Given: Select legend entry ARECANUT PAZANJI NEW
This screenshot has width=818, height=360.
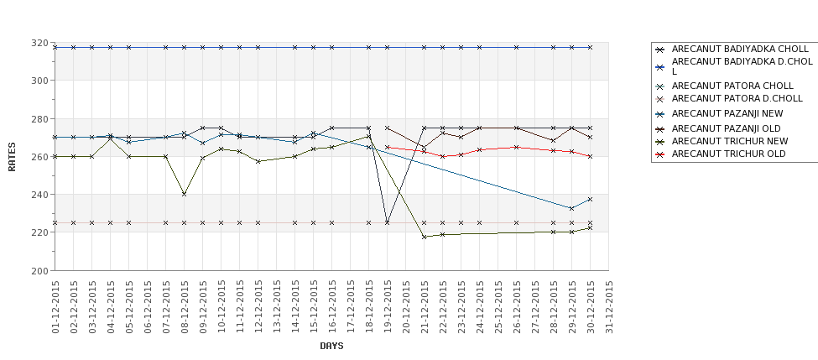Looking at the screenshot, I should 727,113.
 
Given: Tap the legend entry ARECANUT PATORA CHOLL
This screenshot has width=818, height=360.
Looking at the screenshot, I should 732,86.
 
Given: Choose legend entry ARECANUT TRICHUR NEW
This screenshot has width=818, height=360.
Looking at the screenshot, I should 730,141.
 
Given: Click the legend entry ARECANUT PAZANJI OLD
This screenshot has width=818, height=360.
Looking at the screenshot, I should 727,128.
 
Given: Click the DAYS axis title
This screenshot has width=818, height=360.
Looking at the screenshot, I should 331,346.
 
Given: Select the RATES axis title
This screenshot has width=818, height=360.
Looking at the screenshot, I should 13,156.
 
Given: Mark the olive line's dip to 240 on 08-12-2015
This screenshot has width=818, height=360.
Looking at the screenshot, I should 185,194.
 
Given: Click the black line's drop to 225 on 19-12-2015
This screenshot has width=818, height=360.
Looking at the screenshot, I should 388,222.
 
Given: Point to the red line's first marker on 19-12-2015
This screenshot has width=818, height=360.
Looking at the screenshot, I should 388,147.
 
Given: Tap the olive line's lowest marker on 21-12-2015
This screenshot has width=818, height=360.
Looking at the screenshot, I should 425,237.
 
